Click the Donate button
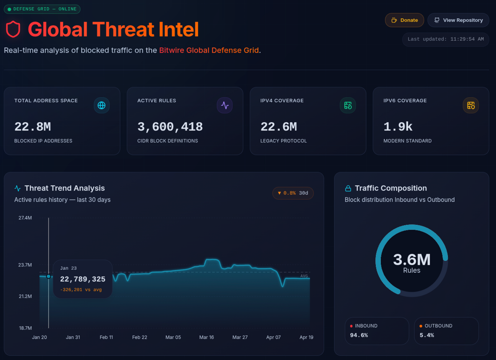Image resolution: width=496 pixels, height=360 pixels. (404, 20)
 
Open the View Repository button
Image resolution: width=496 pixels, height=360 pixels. (458, 20)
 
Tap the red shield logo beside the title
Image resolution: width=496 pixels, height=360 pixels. (13, 29)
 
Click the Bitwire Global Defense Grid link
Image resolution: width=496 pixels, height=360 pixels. (209, 50)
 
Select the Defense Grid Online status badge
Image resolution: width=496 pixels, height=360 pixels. (42, 9)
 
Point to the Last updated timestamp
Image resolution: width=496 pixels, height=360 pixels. (445, 39)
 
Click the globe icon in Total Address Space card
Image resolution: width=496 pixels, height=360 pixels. (101, 105)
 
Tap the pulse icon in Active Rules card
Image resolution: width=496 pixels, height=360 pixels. (225, 105)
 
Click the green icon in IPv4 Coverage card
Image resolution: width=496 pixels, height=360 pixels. (348, 105)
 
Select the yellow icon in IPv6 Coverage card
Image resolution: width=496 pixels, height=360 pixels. (471, 105)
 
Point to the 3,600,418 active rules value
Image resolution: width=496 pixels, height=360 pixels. (170, 127)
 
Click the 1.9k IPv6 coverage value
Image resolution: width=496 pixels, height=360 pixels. (398, 127)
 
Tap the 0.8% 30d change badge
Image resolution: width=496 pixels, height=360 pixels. (293, 193)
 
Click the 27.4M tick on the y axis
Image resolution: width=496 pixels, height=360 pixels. (25, 218)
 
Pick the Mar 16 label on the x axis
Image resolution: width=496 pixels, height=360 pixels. (206, 337)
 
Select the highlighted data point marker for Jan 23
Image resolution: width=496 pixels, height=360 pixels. (49, 277)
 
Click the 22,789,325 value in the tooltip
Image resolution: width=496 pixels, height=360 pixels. (83, 279)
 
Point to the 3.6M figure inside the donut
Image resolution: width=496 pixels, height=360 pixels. (412, 260)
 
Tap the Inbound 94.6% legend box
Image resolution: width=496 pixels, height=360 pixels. (377, 331)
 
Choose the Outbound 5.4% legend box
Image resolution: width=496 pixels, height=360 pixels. (446, 331)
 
